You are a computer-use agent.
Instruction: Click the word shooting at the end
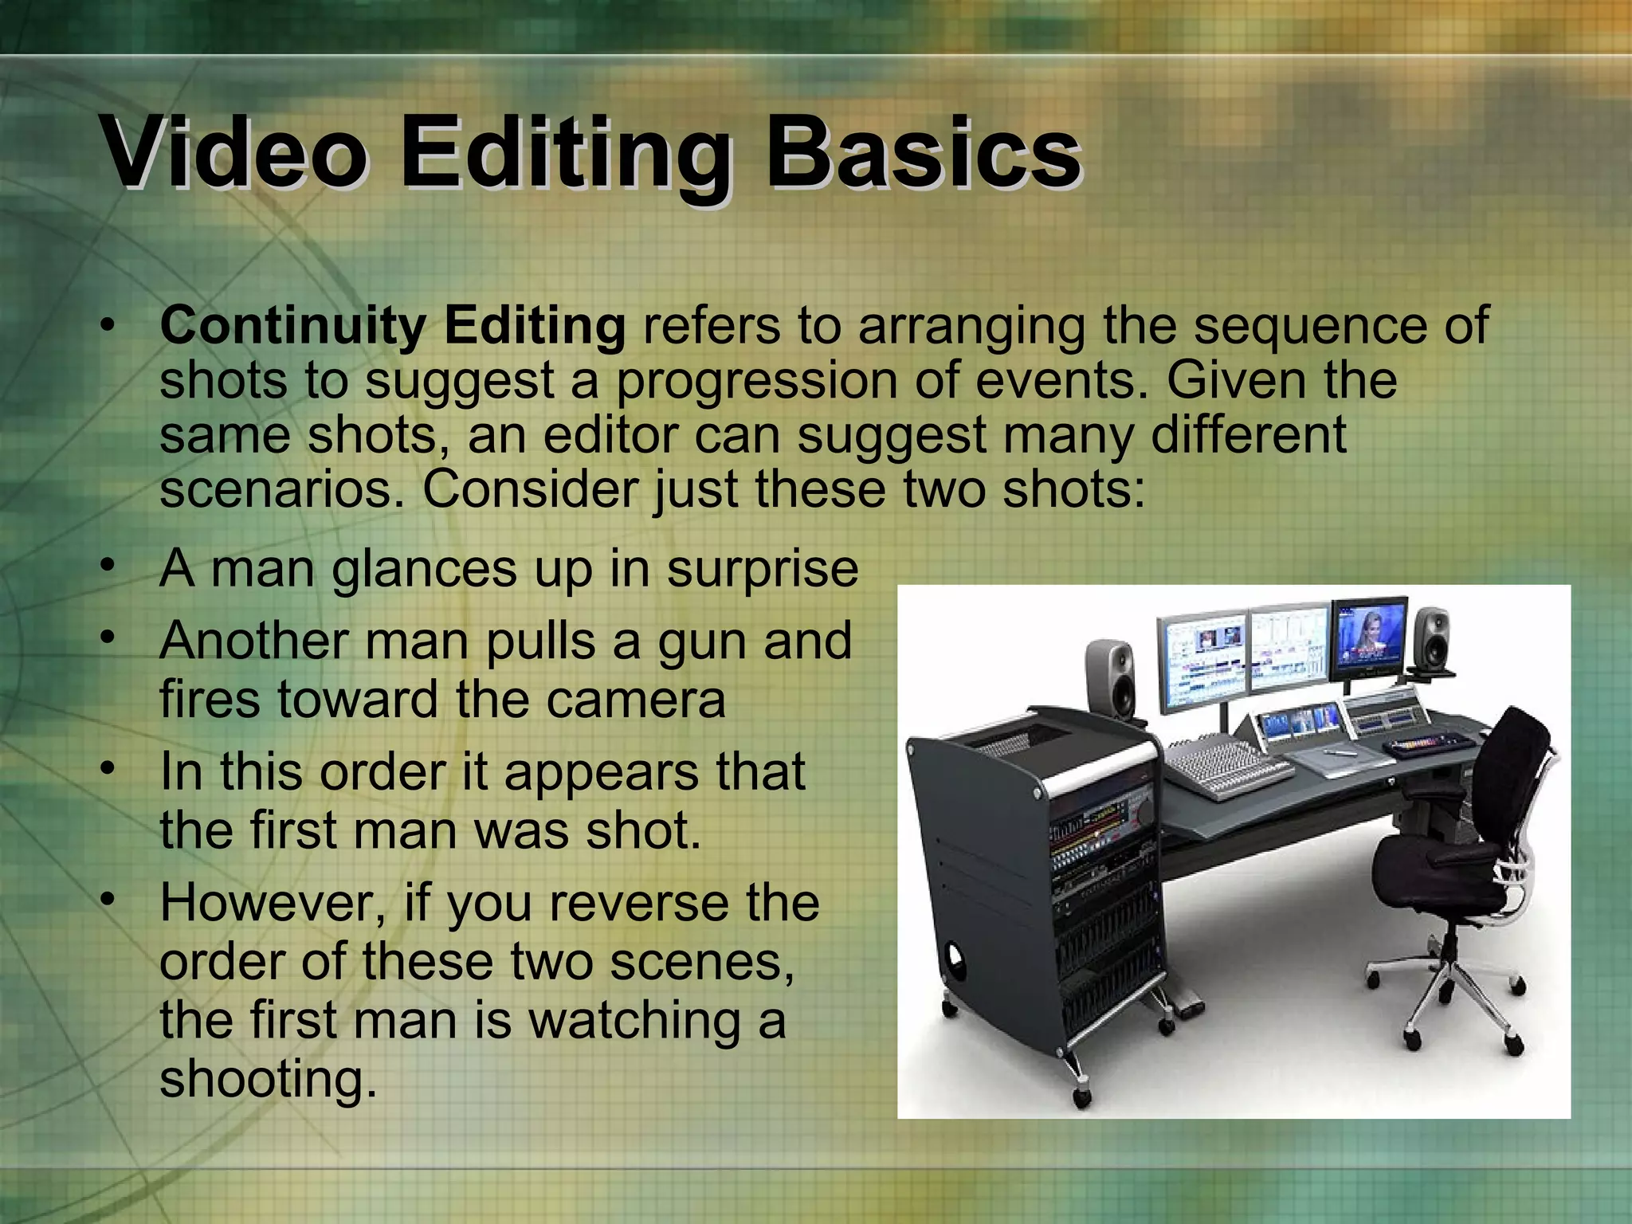(268, 1079)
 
